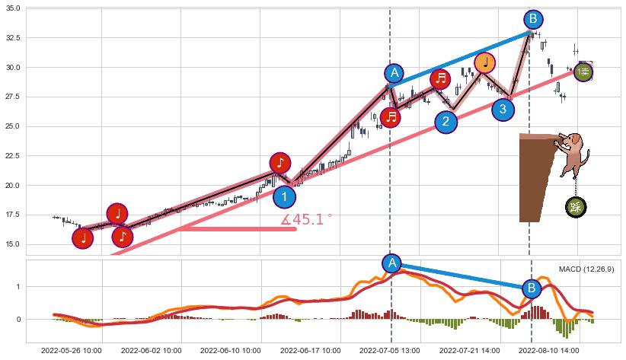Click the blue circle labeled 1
284,197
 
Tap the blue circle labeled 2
446,122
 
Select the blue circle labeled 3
503,110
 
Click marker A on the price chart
394,73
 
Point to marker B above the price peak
533,19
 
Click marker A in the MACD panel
391,263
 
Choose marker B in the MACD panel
532,288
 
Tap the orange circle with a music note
484,62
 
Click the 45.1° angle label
306,220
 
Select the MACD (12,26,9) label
586,269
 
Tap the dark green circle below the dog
576,207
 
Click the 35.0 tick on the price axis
13,8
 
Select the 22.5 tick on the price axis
13,156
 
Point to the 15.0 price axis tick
13,244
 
